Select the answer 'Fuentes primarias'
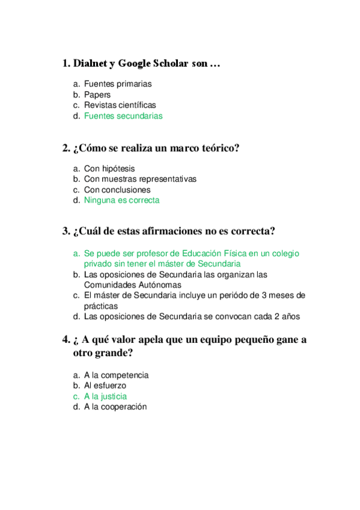[118, 84]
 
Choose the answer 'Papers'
[97, 95]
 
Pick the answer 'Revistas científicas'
[120, 105]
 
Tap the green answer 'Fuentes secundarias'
[123, 116]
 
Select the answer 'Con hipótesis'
[109, 169]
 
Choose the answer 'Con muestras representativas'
[140, 179]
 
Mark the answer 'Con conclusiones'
[117, 190]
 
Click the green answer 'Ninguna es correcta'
[122, 200]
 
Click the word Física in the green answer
[246, 254]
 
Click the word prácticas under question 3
[100, 306]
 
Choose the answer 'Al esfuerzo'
[105, 386]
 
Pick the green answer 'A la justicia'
[105, 396]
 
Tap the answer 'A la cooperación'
[115, 407]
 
